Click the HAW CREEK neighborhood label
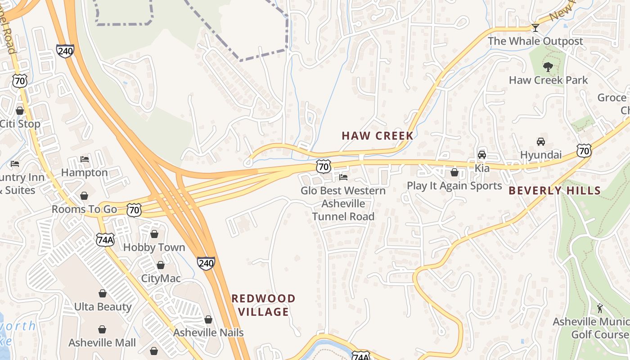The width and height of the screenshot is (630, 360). tap(377, 135)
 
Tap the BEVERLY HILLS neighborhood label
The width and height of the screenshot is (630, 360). tap(554, 190)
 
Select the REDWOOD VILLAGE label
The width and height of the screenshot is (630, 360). tap(263, 305)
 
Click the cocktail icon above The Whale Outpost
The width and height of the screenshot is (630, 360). tap(535, 28)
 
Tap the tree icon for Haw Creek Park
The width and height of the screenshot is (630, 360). tap(548, 67)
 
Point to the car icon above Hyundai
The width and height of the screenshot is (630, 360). tap(541, 142)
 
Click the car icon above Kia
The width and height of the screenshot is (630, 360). tap(481, 155)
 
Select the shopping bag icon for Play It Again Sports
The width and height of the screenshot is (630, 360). tap(454, 172)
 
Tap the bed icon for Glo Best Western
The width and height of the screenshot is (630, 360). tap(343, 177)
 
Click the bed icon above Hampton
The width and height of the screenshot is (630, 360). tap(84, 159)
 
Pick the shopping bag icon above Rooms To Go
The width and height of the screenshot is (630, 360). tap(84, 196)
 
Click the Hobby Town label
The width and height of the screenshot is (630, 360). tap(154, 247)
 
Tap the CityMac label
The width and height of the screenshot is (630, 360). tap(161, 278)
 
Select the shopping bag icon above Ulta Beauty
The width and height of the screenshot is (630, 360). tap(103, 293)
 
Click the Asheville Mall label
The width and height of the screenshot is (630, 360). tap(102, 342)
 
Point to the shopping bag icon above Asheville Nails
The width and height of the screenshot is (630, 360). tap(208, 319)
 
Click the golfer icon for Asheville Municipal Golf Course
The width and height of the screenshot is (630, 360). tap(599, 308)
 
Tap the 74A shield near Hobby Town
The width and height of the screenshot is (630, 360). tap(105, 239)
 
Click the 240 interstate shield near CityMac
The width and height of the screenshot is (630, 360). tap(206, 263)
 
